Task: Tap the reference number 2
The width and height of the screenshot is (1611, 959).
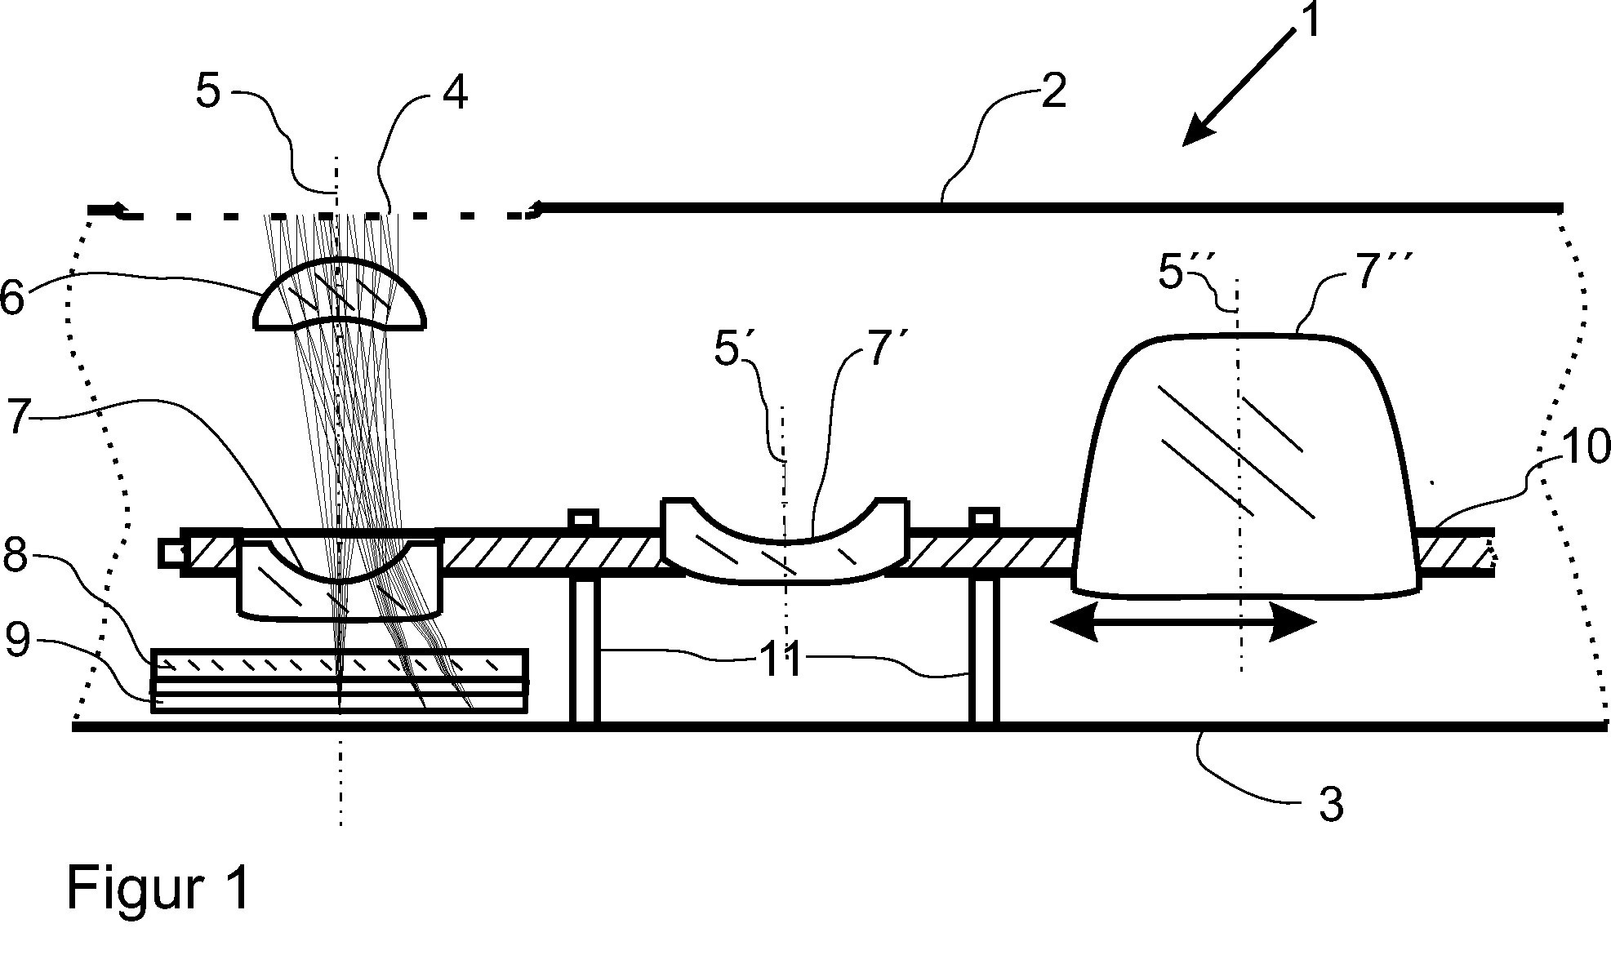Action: tap(1053, 92)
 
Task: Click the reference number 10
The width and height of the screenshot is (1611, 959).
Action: tap(1583, 447)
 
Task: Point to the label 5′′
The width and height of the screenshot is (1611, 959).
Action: tap(1183, 274)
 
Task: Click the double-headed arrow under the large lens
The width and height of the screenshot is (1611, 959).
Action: tap(1184, 624)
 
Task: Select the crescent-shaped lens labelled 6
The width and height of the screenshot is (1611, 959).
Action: tap(340, 295)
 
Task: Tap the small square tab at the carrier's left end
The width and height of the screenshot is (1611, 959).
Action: tap(172, 553)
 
